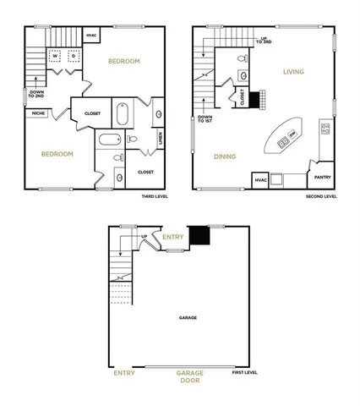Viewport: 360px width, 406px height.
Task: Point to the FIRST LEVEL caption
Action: pyautogui.click(x=245, y=372)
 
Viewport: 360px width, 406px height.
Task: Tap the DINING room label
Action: pyautogui.click(x=224, y=156)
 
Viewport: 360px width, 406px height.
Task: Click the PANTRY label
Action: pyautogui.click(x=322, y=177)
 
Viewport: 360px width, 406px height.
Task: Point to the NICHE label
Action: pyautogui.click(x=39, y=112)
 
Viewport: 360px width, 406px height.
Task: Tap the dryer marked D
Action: pyautogui.click(x=74, y=58)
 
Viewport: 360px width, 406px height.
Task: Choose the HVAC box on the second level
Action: pyautogui.click(x=259, y=180)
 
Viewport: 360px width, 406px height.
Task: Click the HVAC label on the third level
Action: pyautogui.click(x=91, y=35)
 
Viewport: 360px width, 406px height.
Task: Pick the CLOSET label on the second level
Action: pyautogui.click(x=243, y=98)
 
